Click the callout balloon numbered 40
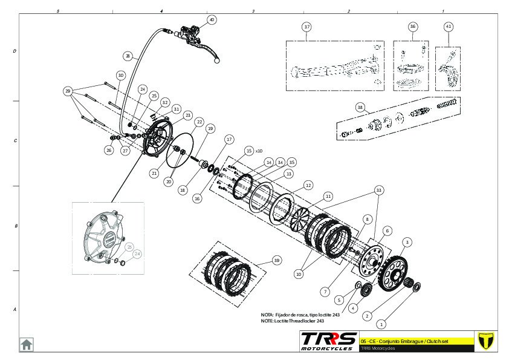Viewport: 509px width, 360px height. point(211,19)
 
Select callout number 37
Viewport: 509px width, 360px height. point(306,27)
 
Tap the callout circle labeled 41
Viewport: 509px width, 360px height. point(448,27)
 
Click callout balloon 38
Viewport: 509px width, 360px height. point(360,108)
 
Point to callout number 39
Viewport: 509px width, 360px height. point(277,260)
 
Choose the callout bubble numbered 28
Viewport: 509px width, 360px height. point(127,56)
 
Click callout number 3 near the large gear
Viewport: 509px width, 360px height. point(407,242)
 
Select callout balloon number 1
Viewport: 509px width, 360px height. point(381,325)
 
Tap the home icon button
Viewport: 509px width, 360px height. point(27,344)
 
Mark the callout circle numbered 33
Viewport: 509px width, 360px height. point(379,190)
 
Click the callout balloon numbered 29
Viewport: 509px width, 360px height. point(68,91)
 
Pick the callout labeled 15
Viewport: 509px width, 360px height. point(248,150)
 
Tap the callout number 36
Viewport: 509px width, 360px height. point(412,27)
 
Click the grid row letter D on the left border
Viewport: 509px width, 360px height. point(15,51)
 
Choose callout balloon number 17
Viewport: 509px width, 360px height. point(229,139)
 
